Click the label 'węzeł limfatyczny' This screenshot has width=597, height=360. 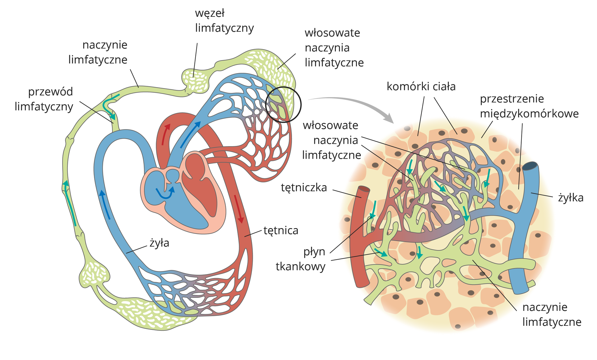224,21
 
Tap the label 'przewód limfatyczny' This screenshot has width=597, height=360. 44,99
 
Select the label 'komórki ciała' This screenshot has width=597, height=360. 421,86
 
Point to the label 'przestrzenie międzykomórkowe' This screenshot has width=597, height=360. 529,106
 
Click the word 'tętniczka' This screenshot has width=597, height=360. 304,188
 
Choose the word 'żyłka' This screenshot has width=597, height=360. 571,198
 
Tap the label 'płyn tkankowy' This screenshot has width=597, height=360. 301,259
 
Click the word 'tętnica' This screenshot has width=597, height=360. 281,231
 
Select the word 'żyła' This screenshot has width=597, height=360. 159,243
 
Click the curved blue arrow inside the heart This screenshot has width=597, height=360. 165,193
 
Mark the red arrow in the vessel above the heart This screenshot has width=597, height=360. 165,134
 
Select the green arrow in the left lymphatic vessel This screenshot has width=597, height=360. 70,202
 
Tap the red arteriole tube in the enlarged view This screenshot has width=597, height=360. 360,236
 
